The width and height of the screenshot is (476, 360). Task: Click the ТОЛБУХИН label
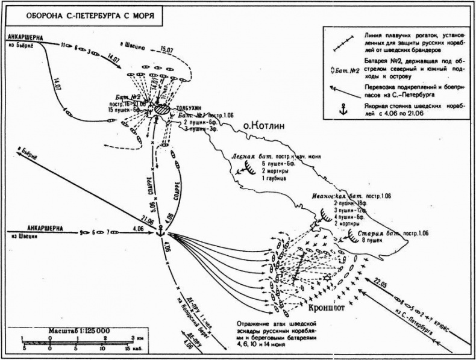coord(189,108)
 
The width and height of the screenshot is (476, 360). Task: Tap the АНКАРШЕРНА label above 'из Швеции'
coord(48,228)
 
